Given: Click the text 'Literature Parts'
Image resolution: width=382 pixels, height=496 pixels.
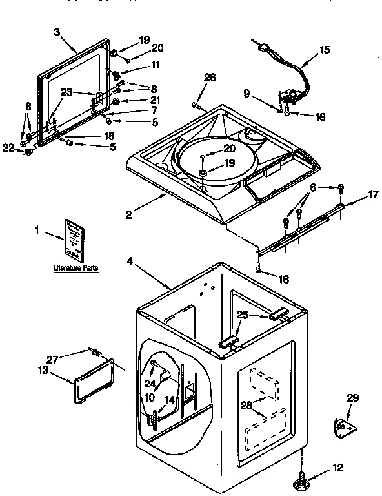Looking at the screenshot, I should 76,267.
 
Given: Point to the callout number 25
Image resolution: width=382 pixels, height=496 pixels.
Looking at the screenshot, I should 243,315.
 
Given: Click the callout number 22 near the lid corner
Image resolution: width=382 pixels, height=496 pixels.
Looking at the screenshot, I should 7,149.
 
